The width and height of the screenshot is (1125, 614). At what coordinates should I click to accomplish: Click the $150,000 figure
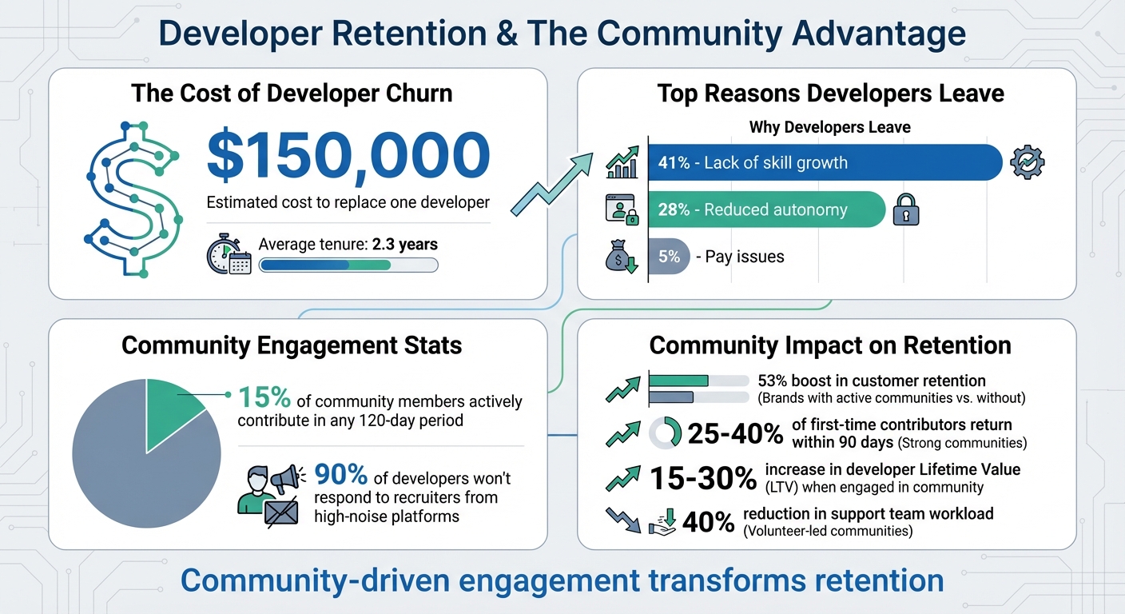(x=348, y=155)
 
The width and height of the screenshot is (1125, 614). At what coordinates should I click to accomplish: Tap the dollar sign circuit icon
(x=133, y=200)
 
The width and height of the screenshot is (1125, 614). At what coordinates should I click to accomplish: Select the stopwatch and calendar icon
(x=229, y=255)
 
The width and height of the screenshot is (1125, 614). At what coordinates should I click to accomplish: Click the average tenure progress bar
(x=348, y=265)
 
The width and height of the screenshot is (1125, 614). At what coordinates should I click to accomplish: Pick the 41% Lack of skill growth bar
(x=824, y=163)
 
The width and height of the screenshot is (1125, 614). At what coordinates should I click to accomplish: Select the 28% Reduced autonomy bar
(x=766, y=210)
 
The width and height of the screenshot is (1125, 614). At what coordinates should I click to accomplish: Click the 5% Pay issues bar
(x=668, y=257)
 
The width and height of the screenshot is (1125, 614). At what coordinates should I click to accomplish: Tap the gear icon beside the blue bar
(x=1027, y=162)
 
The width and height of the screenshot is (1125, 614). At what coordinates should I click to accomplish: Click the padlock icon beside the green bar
(x=906, y=210)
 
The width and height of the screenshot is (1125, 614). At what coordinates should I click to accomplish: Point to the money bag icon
(x=621, y=257)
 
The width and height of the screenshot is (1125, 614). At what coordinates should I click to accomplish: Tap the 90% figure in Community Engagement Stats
(x=341, y=476)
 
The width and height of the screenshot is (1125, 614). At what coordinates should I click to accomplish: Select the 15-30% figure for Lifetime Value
(x=702, y=478)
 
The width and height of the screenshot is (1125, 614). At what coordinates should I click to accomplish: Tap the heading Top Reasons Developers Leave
(x=830, y=94)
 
